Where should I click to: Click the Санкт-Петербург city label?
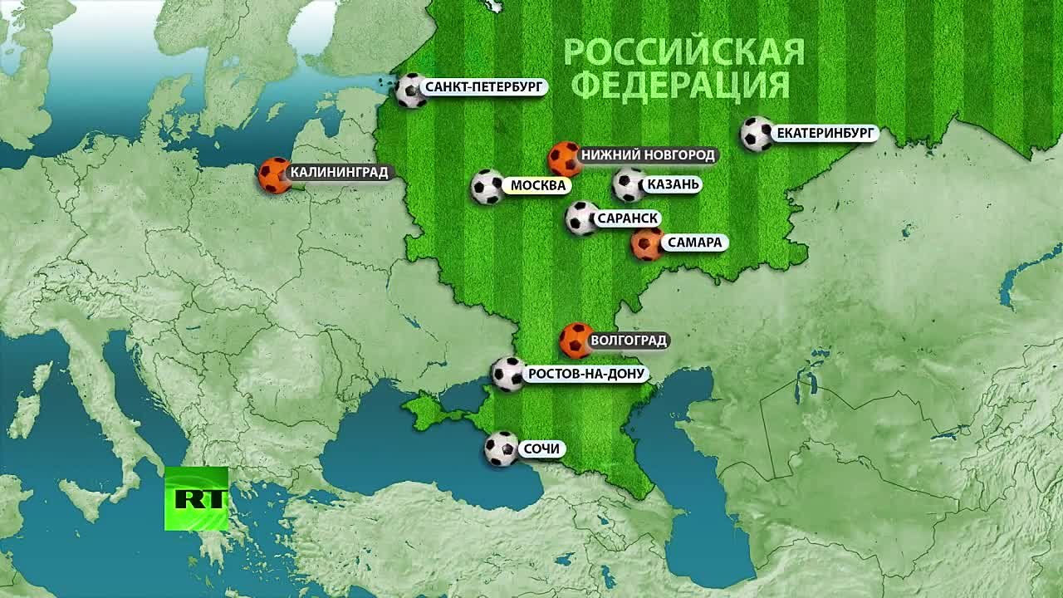pos(483,86)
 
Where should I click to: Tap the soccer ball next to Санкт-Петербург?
pos(410,91)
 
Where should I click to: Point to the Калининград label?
pos(338,173)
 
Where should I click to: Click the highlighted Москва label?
pos(538,185)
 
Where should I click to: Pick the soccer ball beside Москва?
pos(487,187)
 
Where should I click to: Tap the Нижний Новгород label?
pos(647,154)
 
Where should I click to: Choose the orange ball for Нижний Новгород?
pos(565,158)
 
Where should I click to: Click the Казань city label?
pos(673,184)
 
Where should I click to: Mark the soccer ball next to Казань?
pos(629,185)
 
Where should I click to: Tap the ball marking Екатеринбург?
pos(757,134)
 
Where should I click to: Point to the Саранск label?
pos(627,218)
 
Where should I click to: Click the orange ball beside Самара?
pos(646,245)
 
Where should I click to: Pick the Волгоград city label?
pos(628,341)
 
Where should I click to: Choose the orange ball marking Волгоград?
pos(576,340)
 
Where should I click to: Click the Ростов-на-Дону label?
pos(585,374)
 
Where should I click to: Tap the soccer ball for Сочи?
pos(502,448)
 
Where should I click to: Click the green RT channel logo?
pos(196,498)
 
